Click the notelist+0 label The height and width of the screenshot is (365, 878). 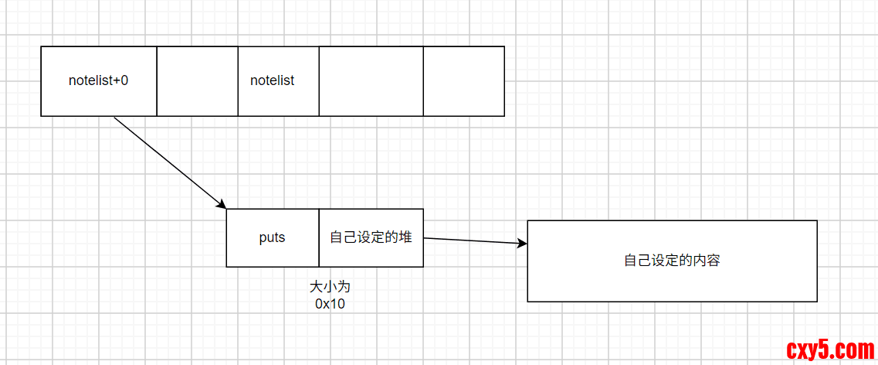coord(98,80)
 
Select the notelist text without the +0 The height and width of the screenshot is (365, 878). coord(272,80)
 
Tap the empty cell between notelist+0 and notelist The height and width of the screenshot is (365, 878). coord(197,80)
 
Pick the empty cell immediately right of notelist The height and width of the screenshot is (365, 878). coord(371,80)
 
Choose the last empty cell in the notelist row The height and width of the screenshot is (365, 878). coord(463,80)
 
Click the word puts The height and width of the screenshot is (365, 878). coord(272,237)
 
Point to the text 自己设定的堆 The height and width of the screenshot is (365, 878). coord(371,237)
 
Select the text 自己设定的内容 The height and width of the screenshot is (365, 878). coord(672,261)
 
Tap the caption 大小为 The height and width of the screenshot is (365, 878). coord(330,287)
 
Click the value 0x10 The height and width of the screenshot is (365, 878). coord(330,304)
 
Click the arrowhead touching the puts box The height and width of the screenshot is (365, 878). coord(222,205)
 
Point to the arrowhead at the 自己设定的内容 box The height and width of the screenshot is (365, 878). coord(523,244)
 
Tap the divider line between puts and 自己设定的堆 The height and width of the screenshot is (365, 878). coord(319,237)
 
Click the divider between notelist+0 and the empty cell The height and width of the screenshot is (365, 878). coord(157,80)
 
